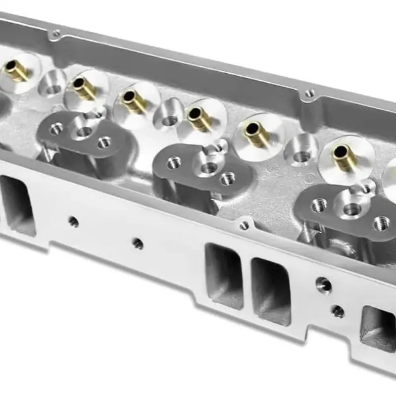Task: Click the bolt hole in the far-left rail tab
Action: (56, 34)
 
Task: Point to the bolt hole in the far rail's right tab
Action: (310, 93)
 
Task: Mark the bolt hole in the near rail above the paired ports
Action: (244, 226)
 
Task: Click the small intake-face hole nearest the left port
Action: (74, 222)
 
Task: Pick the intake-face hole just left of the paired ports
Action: (138, 243)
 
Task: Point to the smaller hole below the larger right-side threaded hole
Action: (338, 311)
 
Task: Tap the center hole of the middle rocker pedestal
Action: (207, 168)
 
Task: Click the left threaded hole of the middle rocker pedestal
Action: (174, 162)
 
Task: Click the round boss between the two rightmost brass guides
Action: (299, 149)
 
